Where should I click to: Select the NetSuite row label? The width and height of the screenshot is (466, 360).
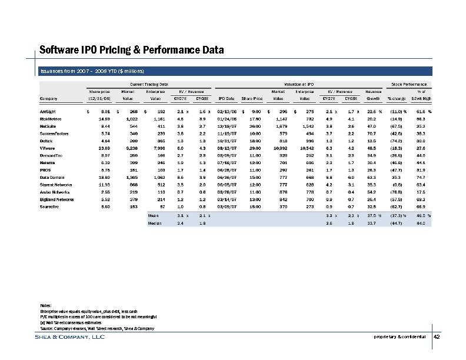coord(49,125)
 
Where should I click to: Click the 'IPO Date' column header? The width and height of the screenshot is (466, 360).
coord(227,98)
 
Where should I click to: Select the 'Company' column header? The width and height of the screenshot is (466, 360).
coord(49,98)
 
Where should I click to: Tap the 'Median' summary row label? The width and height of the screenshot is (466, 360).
coord(155,224)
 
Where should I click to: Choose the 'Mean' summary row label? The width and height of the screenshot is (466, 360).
coord(154,215)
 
